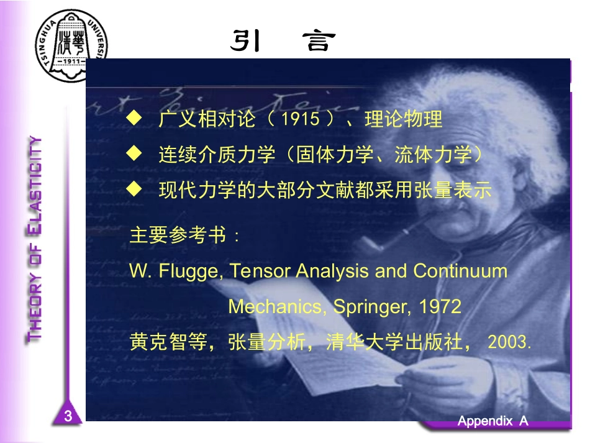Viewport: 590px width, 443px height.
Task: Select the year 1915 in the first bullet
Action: coord(304,119)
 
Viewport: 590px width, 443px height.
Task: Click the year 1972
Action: coord(440,307)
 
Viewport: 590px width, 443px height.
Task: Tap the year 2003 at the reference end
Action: coord(509,342)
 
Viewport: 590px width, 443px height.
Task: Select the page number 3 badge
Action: coord(68,416)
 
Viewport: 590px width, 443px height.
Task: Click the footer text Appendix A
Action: coord(492,421)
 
